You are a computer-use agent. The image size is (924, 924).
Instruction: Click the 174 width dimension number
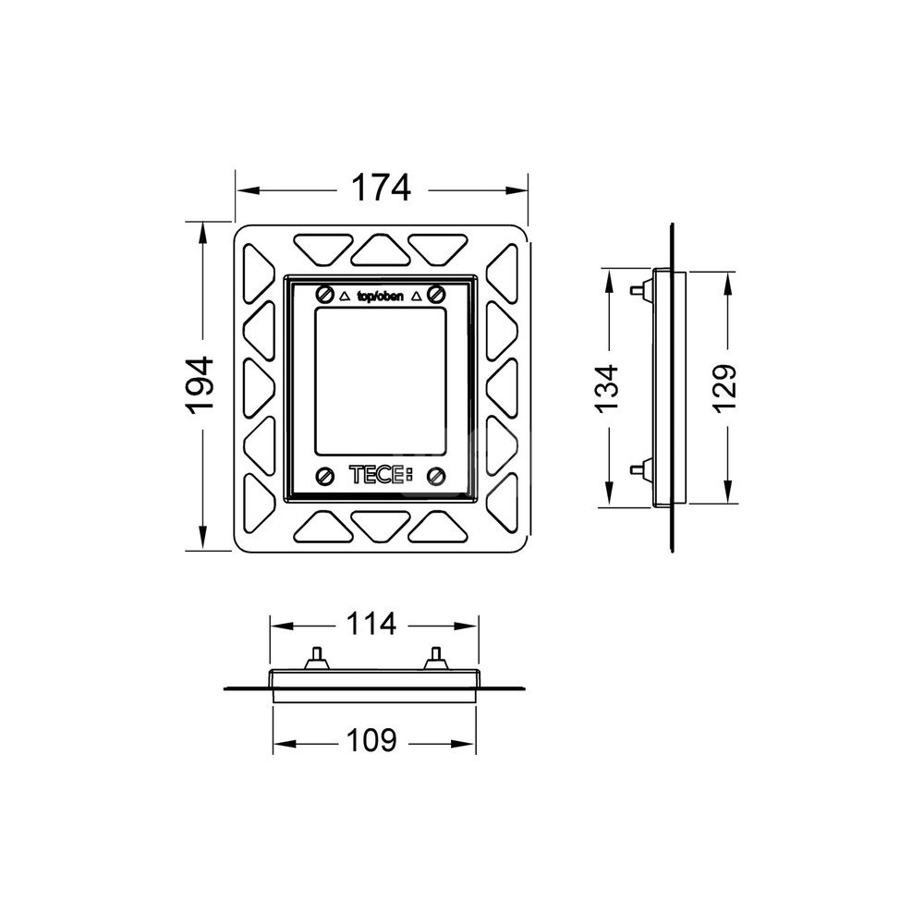[381, 188]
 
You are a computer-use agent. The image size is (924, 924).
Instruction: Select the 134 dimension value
[606, 388]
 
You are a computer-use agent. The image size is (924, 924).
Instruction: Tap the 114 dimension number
[371, 625]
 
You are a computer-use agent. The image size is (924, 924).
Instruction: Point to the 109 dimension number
[371, 741]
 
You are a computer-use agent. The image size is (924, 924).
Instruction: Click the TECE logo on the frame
[381, 475]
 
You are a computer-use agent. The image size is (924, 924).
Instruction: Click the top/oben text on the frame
[381, 296]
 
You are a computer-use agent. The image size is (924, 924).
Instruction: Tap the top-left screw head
[323, 294]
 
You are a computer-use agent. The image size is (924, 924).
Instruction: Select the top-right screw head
[437, 293]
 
